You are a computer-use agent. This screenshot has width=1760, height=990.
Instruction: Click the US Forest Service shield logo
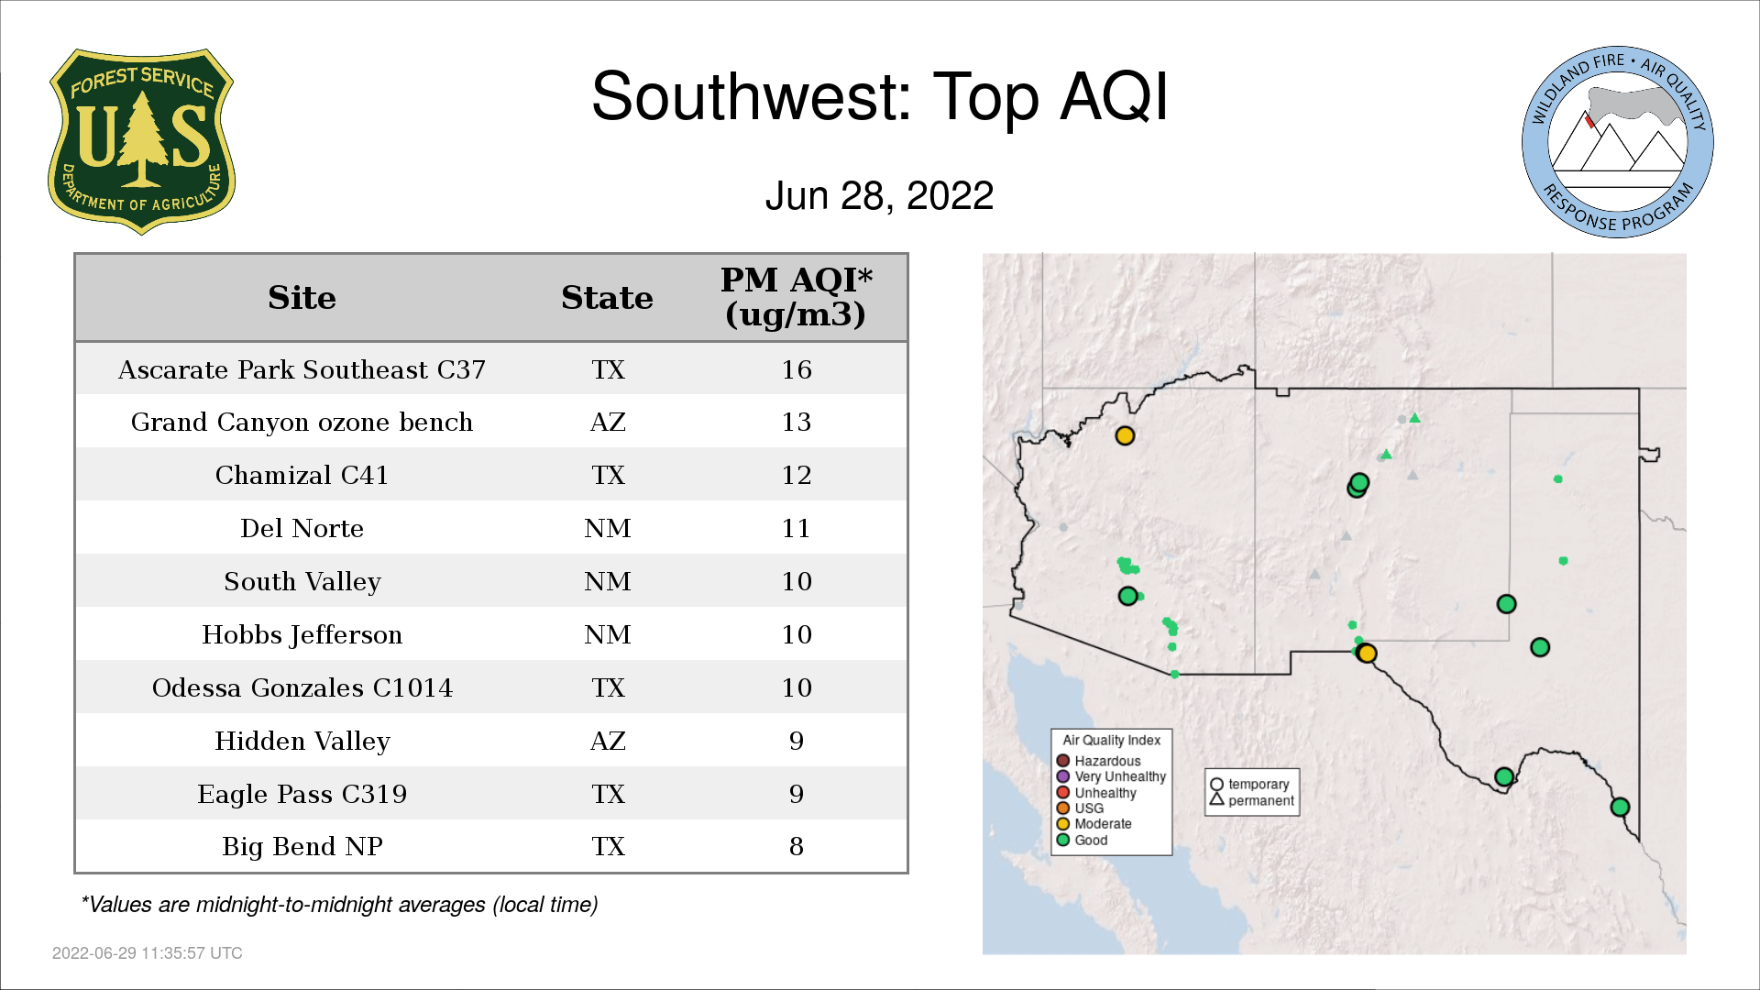coord(141,142)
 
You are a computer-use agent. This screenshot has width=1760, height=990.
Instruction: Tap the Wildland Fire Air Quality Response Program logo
coord(1617,142)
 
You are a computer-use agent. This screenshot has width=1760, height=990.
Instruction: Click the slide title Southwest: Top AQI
coord(880,96)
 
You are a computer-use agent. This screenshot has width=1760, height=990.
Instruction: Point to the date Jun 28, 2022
coord(879,195)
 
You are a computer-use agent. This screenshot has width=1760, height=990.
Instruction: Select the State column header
coord(607,298)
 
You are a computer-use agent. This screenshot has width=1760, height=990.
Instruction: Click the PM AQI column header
coord(796,297)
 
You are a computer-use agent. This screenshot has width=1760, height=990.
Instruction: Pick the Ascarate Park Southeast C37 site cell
coord(302,369)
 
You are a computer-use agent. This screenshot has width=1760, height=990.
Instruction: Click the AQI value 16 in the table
coord(797,369)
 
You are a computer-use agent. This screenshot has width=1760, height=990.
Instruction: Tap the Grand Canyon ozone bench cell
coord(302,422)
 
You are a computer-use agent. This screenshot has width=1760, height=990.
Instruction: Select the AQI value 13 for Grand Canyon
coord(797,422)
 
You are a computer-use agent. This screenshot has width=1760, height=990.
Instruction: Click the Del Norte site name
coord(302,528)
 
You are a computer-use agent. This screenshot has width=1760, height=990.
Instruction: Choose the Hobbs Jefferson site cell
coord(302,634)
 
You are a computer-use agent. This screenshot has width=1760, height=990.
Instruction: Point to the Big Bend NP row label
coord(302,846)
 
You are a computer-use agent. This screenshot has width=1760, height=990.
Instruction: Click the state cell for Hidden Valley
coord(608,741)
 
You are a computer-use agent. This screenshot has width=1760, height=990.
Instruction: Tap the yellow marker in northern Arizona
coord(1125,435)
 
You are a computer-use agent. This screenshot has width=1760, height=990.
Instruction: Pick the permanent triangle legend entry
coord(1252,800)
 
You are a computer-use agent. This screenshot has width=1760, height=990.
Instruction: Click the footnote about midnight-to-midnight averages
coord(339,905)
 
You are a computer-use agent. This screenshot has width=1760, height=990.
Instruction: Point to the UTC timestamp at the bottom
coord(148,953)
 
